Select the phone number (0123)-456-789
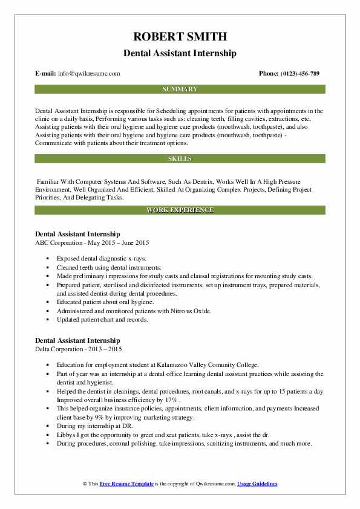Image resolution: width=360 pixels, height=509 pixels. (x=297, y=73)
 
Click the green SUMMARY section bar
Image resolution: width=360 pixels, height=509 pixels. (x=180, y=89)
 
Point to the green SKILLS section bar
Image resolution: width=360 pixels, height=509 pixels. (x=180, y=158)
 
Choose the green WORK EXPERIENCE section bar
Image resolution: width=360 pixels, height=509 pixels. (x=180, y=210)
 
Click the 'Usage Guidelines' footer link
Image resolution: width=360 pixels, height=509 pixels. (x=257, y=484)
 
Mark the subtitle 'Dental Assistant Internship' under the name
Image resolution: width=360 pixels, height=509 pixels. (x=180, y=53)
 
